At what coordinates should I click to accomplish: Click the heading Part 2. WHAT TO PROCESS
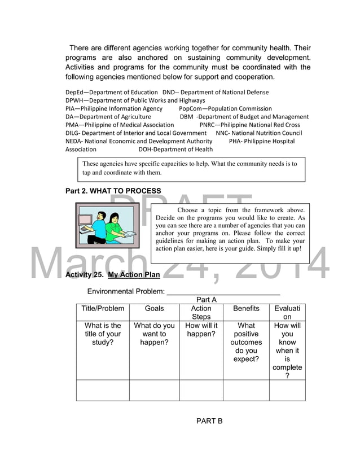point(113,191)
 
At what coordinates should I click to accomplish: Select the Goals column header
point(154,308)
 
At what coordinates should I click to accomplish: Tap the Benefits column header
point(246,308)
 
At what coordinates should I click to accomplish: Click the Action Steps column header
point(201,313)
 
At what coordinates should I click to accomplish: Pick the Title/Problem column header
point(103,308)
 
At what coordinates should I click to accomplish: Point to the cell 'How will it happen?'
point(201,330)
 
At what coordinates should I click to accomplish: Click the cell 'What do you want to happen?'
point(154,334)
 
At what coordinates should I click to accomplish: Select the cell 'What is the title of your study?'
point(103,334)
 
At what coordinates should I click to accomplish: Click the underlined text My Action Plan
point(134,275)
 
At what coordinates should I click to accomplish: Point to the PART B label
point(209,421)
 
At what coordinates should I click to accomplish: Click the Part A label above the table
point(207,300)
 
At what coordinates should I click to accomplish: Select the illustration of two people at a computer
point(107,226)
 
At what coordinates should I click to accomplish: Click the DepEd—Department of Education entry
point(112,92)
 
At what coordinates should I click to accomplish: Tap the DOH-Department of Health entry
point(175,150)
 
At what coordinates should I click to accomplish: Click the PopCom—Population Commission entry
point(225,108)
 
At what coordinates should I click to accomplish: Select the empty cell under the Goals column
point(154,390)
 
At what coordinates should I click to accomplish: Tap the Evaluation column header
point(287,313)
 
